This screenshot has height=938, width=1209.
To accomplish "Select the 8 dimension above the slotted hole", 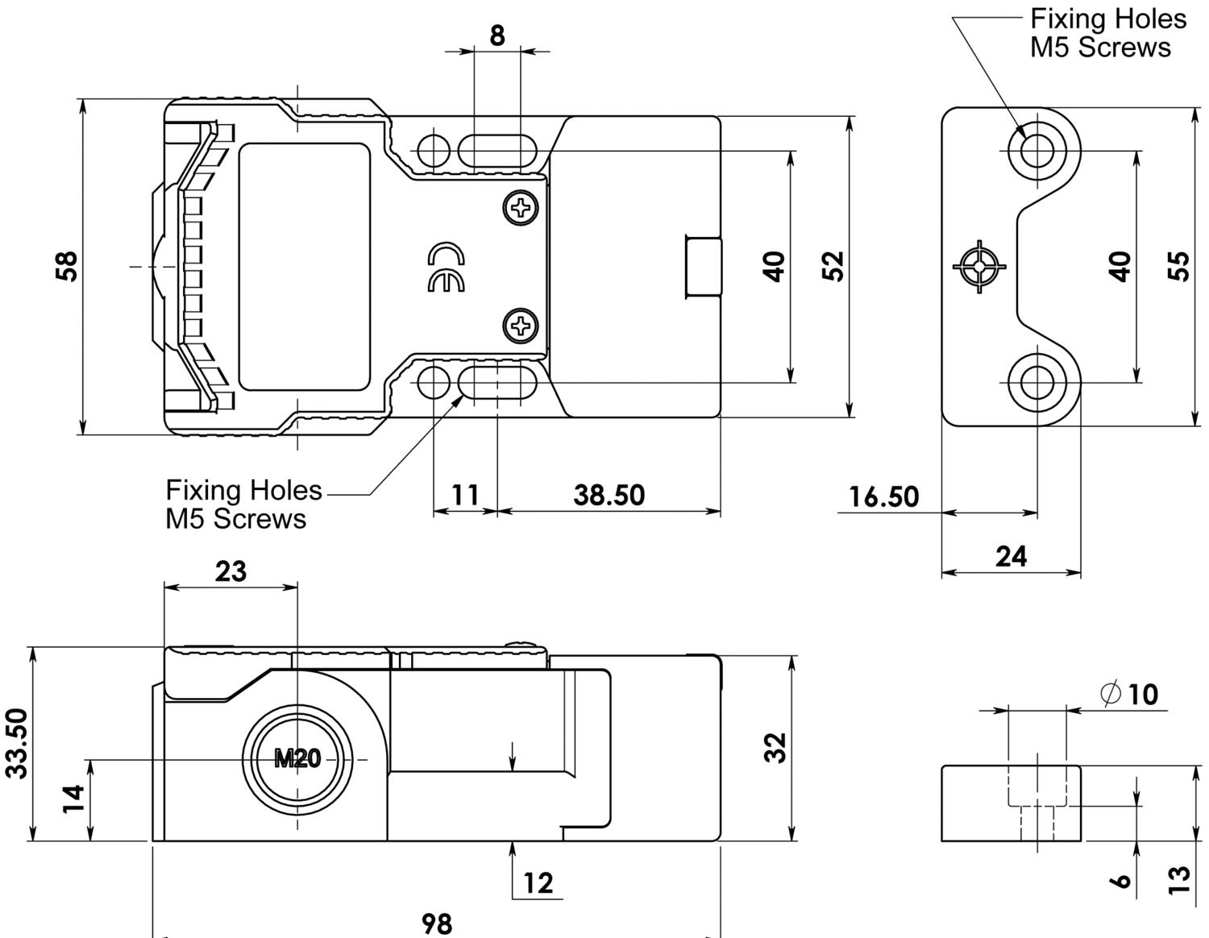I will (x=497, y=35).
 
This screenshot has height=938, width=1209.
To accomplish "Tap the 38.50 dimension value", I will (x=609, y=495).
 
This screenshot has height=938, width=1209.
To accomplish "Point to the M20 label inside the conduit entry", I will (x=297, y=758).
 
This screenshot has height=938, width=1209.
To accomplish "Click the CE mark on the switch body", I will (x=447, y=268).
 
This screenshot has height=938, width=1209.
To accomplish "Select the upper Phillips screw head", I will (x=522, y=209).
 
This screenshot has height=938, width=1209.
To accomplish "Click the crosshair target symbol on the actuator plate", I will (x=979, y=266).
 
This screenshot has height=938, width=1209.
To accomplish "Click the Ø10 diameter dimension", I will (x=1129, y=693).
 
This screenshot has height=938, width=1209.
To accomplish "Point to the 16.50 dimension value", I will (x=883, y=496).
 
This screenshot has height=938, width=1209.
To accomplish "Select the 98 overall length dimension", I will (x=437, y=923).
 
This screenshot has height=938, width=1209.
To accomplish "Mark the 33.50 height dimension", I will (x=18, y=743).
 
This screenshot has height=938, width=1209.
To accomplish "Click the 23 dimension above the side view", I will (x=231, y=571).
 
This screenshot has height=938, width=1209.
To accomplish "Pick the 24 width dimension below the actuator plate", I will (x=1011, y=556).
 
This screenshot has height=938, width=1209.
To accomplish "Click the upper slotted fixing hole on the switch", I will (x=497, y=150).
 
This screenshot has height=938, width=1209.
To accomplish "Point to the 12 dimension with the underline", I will (x=538, y=883).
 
